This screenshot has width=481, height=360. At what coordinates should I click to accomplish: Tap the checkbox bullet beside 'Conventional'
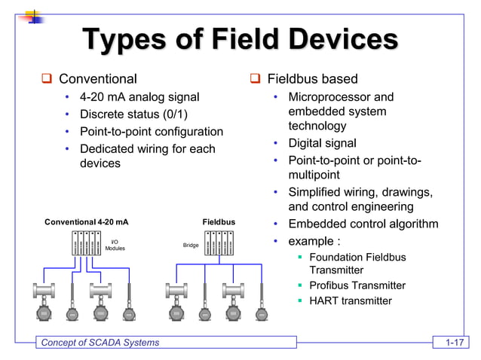coord(46,79)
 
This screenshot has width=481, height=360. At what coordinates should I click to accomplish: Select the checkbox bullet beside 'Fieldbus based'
coord(255,79)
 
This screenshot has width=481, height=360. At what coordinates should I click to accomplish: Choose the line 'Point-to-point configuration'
coord(152,132)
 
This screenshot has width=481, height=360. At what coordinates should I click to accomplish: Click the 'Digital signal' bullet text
coord(322,143)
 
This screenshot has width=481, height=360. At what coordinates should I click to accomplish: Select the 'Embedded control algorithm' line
coord(363,224)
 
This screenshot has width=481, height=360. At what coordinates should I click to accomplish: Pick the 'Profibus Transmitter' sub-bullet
coord(357,285)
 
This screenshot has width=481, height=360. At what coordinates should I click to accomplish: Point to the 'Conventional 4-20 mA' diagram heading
coord(87,223)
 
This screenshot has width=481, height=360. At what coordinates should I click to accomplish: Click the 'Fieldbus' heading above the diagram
coord(219,223)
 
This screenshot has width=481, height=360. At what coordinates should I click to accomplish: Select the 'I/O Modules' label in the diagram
coord(115,245)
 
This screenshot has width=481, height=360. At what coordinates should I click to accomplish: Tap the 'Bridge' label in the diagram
coord(191,246)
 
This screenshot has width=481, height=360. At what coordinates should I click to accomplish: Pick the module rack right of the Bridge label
coord(220,243)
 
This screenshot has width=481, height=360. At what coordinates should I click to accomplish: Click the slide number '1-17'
coord(453,343)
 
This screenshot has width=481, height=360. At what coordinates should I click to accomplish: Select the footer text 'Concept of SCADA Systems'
coord(100,343)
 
